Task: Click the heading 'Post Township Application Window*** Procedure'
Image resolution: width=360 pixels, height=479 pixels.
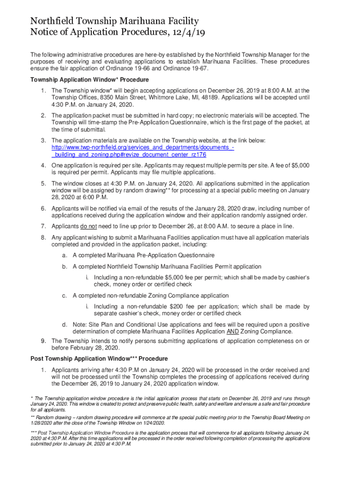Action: point(99,359)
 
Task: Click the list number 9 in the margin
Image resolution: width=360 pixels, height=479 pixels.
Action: point(43,341)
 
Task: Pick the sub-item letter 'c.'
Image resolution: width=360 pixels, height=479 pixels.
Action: point(65,296)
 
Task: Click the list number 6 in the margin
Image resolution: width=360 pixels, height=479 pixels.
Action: point(43,208)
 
